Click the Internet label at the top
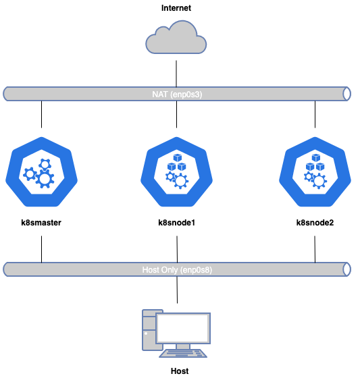(176, 8)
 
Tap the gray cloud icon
(176, 37)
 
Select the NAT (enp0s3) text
(177, 94)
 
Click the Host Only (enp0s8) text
(177, 269)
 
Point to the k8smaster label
(41, 223)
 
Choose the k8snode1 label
(176, 223)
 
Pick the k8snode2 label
(315, 223)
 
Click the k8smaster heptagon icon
(41, 172)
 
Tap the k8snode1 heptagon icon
(176, 172)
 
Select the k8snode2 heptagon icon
(315, 172)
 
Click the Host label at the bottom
(180, 371)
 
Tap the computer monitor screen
(183, 328)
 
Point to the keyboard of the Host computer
(183, 354)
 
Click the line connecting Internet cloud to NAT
(176, 74)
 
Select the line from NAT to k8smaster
(41, 114)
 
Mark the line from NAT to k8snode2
(315, 114)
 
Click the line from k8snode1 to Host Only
(177, 249)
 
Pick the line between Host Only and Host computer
(177, 290)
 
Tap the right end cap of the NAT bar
(347, 94)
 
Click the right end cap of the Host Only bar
(347, 269)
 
